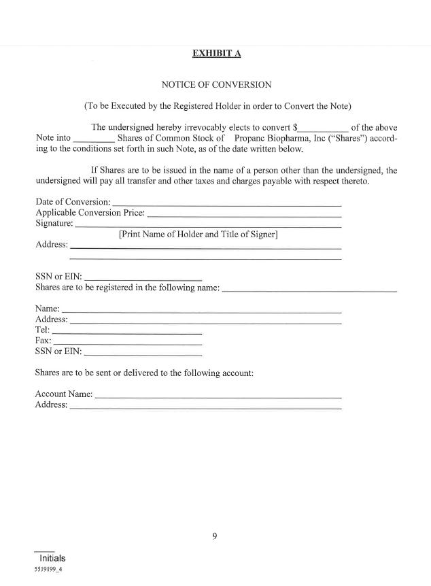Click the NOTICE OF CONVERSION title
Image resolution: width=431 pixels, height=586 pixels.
click(216, 85)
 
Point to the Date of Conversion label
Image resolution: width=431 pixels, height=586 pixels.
click(73, 202)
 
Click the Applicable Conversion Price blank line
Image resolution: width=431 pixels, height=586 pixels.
click(244, 215)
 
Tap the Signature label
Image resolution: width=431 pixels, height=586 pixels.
click(54, 223)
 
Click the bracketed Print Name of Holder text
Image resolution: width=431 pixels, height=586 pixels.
click(198, 235)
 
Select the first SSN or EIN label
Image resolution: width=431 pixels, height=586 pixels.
click(58, 277)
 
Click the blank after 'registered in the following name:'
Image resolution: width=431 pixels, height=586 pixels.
click(309, 290)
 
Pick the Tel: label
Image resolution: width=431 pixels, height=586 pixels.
click(42, 330)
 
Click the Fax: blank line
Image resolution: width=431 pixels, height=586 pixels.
click(127, 343)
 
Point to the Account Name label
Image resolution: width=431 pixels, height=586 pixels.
click(64, 394)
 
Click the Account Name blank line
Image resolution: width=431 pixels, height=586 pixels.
click(218, 396)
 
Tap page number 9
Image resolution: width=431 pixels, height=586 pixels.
click(215, 536)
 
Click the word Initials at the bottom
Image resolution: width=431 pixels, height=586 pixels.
click(52, 558)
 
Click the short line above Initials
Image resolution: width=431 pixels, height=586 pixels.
click(44, 551)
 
